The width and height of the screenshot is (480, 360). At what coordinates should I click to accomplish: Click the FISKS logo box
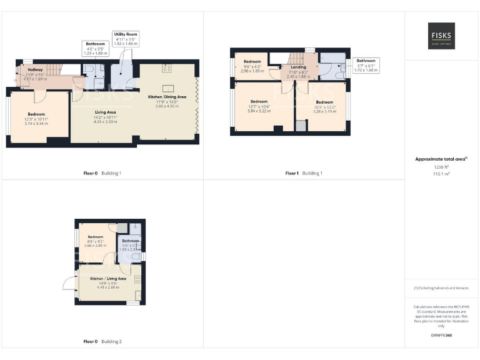point(441,36)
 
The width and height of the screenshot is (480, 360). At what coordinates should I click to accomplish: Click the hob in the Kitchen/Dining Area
point(167,68)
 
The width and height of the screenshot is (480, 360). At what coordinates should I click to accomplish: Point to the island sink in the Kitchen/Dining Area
point(167,87)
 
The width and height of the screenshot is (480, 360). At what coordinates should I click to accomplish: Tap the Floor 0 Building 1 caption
point(102,172)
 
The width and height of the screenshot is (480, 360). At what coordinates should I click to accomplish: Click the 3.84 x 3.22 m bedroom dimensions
point(259,110)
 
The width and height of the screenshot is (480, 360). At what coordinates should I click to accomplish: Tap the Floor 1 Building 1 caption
point(304,172)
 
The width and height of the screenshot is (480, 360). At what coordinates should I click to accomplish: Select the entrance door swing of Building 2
point(68,282)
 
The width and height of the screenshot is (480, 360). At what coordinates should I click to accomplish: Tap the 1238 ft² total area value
point(441,167)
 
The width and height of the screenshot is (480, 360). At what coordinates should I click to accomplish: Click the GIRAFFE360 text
point(441,336)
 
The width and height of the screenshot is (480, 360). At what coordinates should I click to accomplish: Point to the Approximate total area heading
point(441,159)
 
